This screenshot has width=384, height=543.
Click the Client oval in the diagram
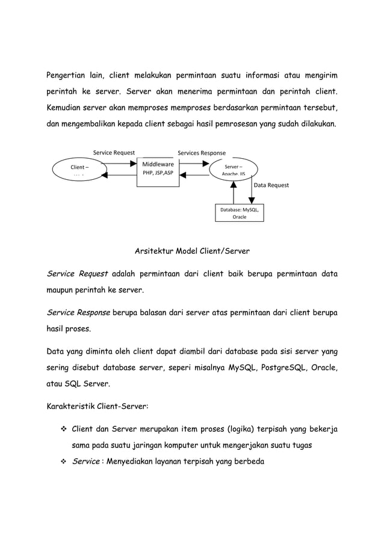tap(76, 168)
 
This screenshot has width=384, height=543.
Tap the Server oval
tap(234, 168)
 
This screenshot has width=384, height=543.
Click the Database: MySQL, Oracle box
tap(239, 213)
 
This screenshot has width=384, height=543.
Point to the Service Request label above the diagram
tap(114, 153)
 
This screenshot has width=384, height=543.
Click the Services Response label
tap(201, 153)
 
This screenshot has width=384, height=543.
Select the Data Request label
tap(271, 185)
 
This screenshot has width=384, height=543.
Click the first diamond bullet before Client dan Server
tap(63, 429)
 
